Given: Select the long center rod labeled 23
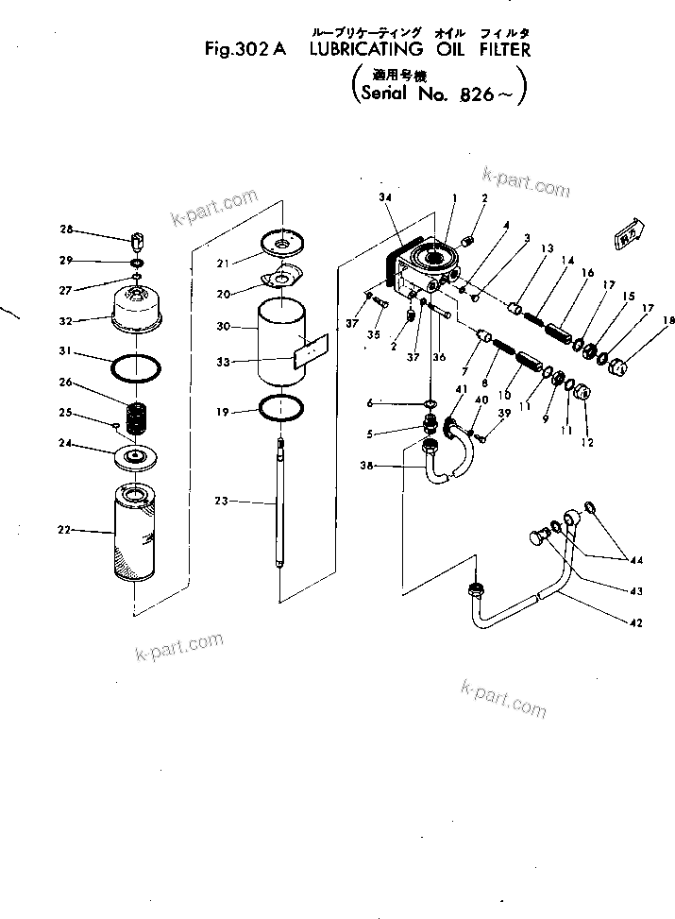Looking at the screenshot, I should [x=280, y=505].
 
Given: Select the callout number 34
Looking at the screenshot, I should [x=383, y=196].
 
